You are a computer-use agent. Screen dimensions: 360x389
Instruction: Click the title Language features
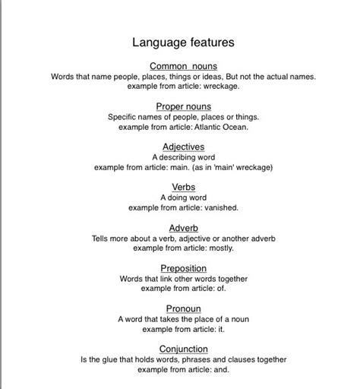[x=183, y=43]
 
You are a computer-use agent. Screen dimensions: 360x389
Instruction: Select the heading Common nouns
[x=183, y=66]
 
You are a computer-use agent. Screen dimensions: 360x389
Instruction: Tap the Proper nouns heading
[x=183, y=106]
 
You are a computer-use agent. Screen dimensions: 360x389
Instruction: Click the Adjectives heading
[x=183, y=147]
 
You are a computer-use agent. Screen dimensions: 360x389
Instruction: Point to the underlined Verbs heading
[x=183, y=186]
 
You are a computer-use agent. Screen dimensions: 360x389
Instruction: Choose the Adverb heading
[x=183, y=227]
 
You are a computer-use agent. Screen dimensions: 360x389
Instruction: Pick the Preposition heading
[x=183, y=268]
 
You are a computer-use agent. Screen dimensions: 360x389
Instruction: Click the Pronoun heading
[x=183, y=308]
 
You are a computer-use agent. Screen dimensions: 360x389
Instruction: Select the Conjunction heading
[x=183, y=349]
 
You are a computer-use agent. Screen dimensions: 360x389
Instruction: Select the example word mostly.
[x=219, y=248]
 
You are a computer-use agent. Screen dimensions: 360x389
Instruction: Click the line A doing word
[x=183, y=197]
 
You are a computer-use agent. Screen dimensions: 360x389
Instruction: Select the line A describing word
[x=183, y=157]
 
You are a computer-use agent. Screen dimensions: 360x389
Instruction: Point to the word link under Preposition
[x=172, y=279]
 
